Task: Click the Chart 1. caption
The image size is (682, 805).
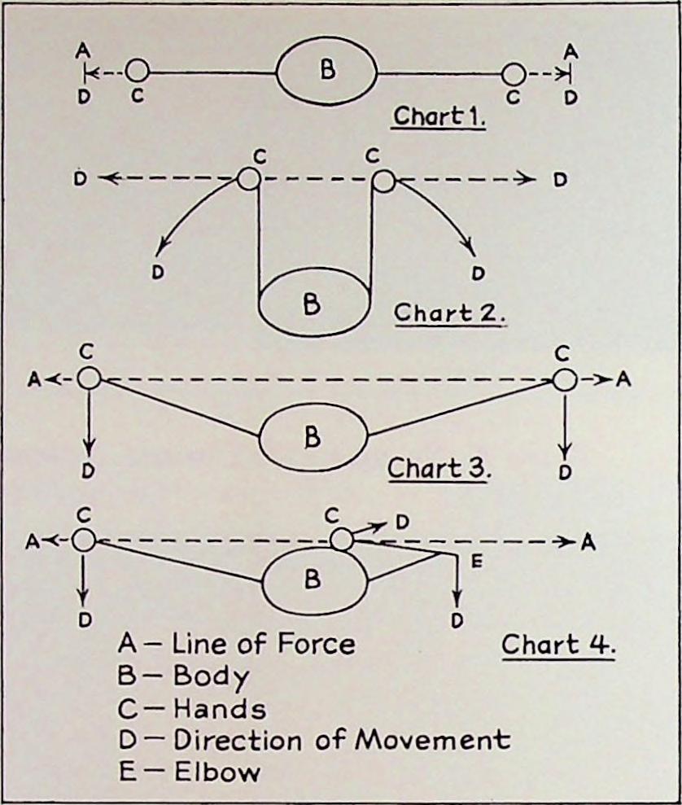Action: [439, 116]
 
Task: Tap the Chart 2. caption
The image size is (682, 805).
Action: [450, 313]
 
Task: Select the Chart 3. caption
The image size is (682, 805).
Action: [437, 469]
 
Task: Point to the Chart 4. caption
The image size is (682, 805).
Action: [557, 645]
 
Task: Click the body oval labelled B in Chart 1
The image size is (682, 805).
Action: [326, 71]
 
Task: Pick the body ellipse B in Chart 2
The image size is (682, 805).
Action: [313, 303]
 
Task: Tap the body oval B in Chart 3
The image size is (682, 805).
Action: [312, 438]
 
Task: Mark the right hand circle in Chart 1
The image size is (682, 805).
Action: [513, 74]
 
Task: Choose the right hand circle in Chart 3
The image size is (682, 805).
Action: [564, 379]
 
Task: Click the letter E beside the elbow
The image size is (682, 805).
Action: [477, 560]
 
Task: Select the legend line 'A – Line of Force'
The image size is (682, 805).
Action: [237, 644]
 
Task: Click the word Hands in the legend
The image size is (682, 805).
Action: [219, 708]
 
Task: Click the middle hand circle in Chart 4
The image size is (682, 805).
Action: [343, 539]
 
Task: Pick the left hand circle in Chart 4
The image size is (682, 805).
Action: [84, 539]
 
